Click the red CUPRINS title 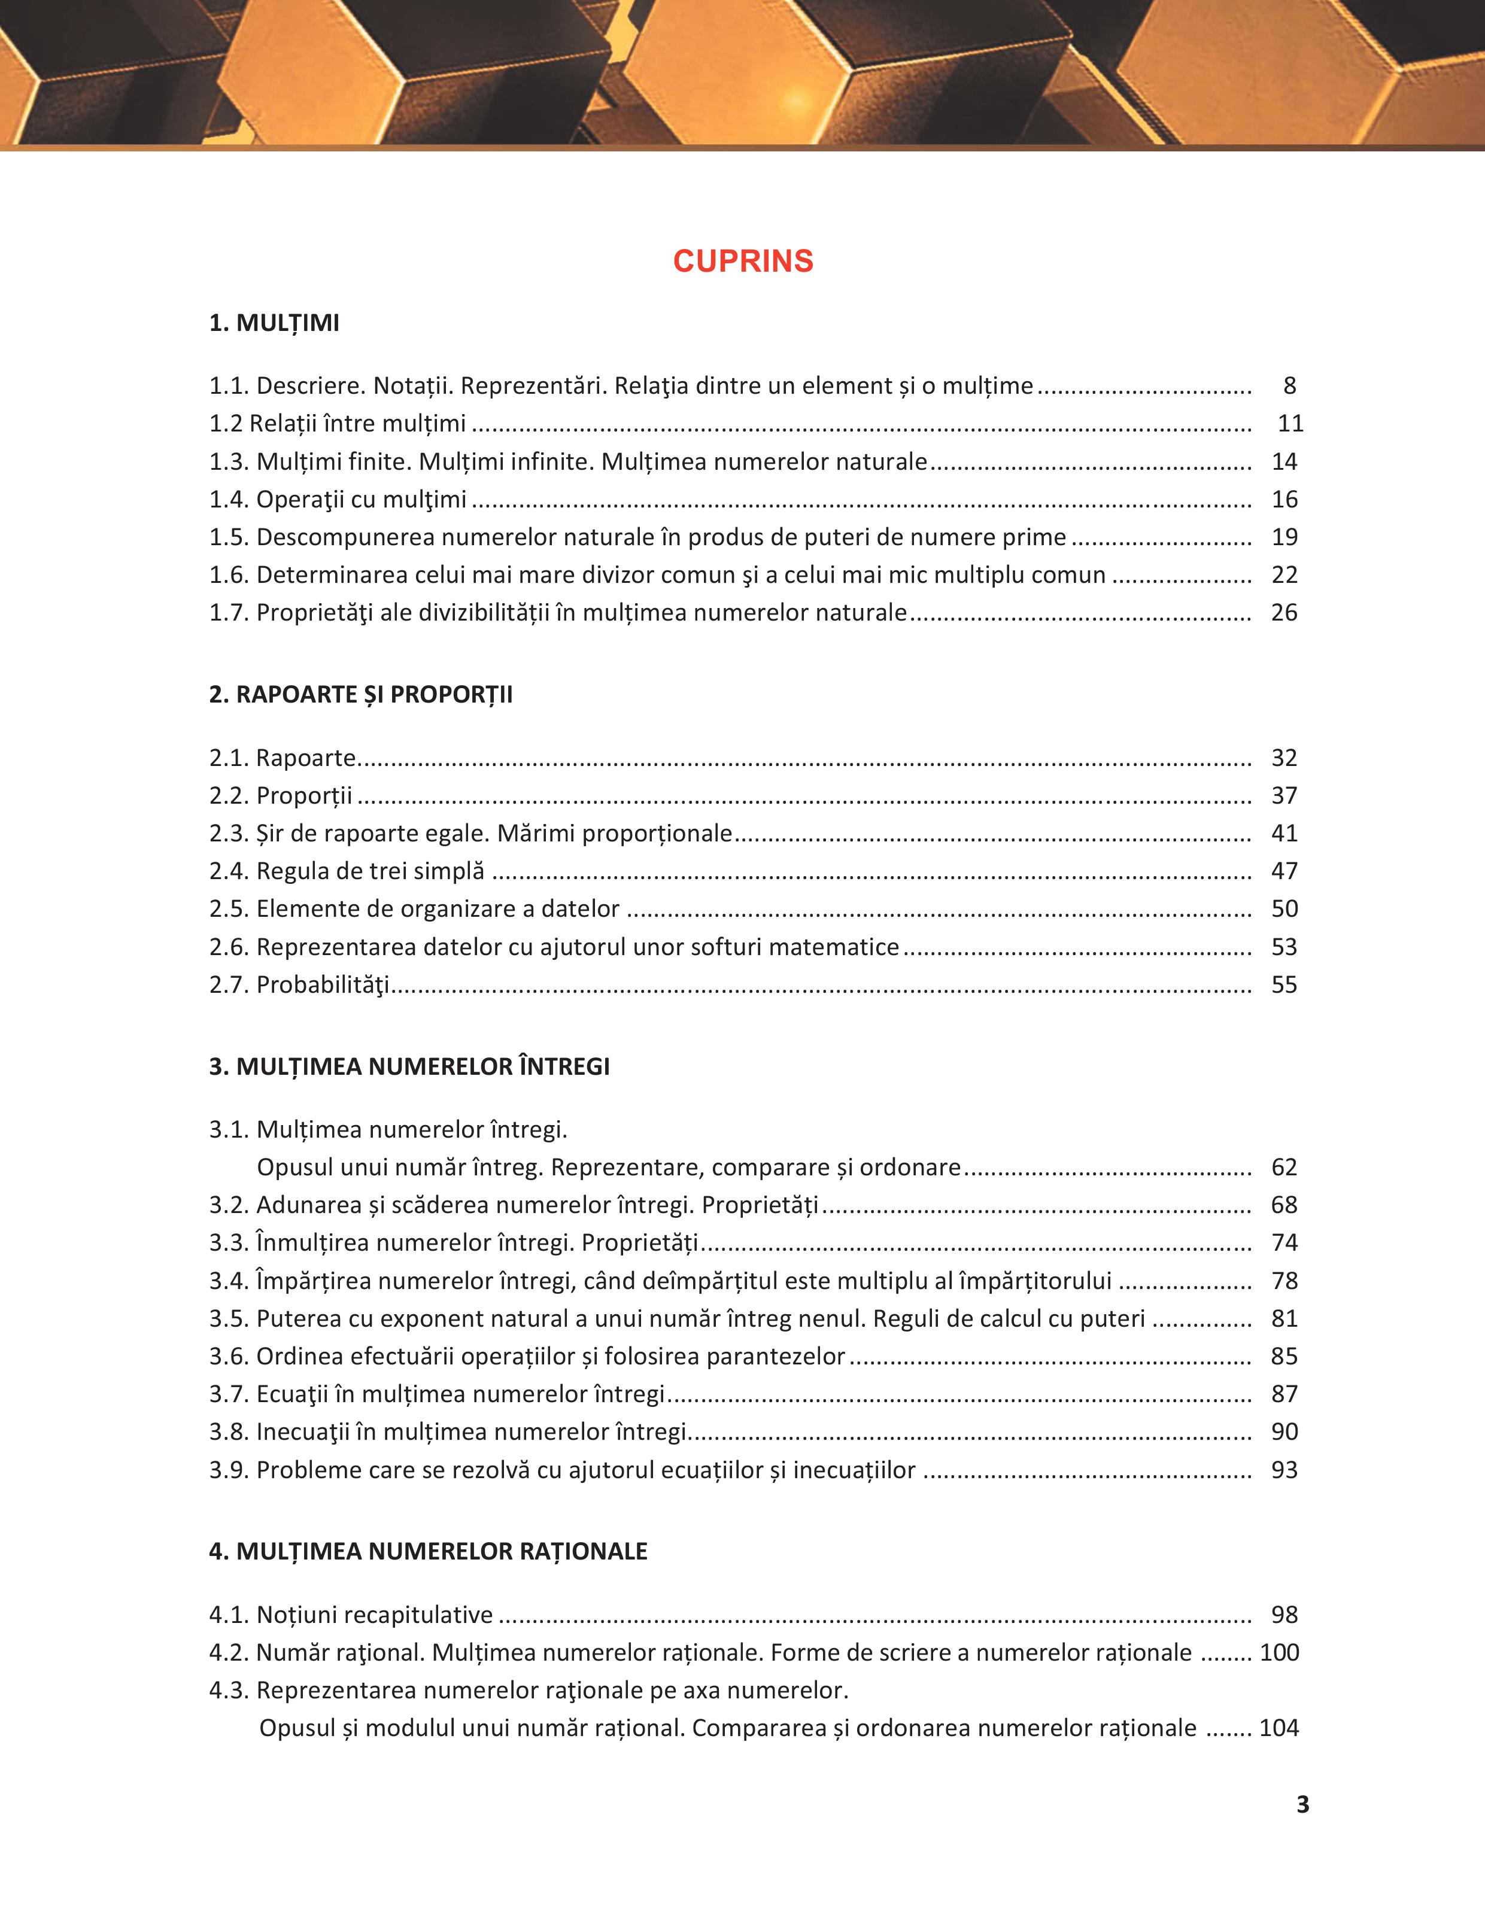tap(743, 262)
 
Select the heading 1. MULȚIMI tap(274, 323)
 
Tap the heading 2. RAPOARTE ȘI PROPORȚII tap(360, 695)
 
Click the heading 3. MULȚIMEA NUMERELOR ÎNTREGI tap(409, 1066)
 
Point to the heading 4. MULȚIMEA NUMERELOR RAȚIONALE tap(427, 1552)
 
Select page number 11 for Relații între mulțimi tap(1290, 424)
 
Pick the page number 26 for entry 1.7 tap(1284, 613)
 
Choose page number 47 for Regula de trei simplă tap(1284, 871)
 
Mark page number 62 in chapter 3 tap(1284, 1168)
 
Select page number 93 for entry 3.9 tap(1284, 1470)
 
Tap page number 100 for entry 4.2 tap(1279, 1653)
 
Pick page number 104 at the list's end tap(1279, 1728)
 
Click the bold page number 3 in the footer tap(1302, 1805)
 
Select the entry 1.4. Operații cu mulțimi tap(338, 500)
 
